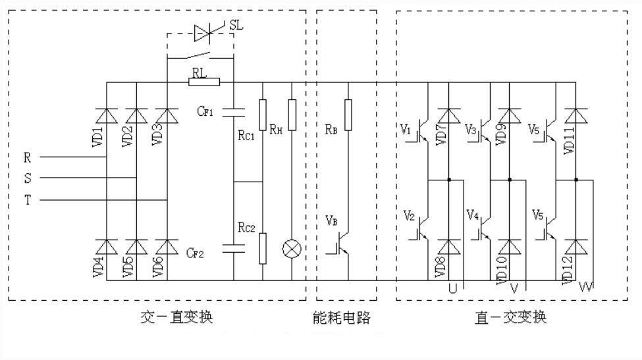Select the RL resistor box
coord(203,82)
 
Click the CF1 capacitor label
coord(205,112)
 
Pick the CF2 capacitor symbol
coord(234,248)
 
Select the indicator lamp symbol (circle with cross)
coord(291,249)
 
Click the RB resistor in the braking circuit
coord(348,109)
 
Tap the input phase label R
coord(27,158)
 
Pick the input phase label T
coord(27,201)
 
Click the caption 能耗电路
coord(342,318)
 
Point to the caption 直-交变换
coord(510,318)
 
